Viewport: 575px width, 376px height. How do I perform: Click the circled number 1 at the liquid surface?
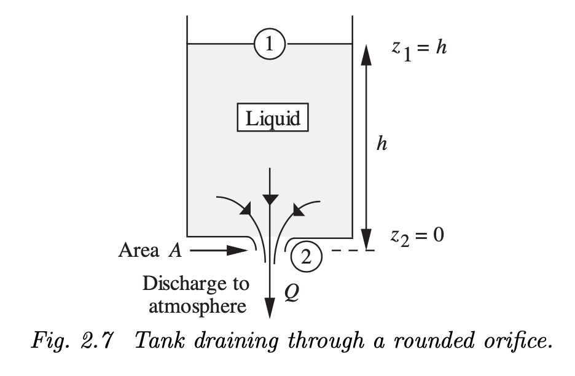pyautogui.click(x=270, y=44)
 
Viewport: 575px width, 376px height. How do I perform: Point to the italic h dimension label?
pyautogui.click(x=381, y=146)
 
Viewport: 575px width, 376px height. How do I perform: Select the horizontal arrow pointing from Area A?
pyautogui.click(x=217, y=251)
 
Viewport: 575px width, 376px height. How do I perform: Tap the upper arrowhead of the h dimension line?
pyautogui.click(x=367, y=55)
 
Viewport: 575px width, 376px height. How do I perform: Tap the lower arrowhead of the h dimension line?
pyautogui.click(x=367, y=240)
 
